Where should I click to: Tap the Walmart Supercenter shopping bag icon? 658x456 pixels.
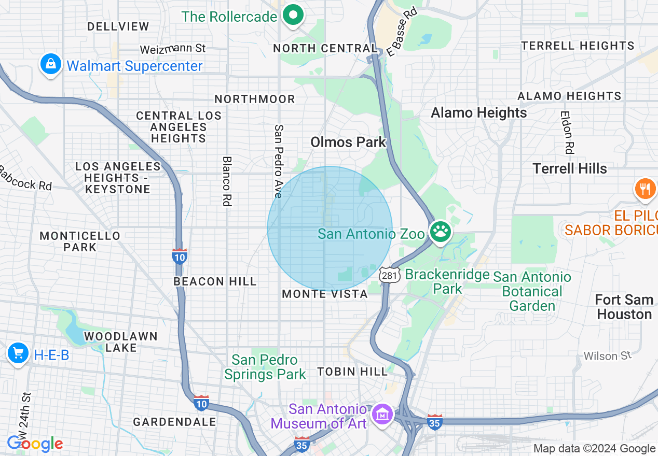coord(51,65)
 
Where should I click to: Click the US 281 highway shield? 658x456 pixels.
coord(389,275)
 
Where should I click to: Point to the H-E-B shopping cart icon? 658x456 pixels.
coord(18,354)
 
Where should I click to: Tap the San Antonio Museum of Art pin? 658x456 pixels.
coord(382,415)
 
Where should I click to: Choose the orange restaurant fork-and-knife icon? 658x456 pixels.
coord(645,189)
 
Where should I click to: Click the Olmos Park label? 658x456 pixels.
coord(348,142)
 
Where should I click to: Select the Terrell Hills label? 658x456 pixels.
coord(570,168)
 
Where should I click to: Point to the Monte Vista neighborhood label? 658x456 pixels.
coord(325,294)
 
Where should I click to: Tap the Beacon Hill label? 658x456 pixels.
coord(215,281)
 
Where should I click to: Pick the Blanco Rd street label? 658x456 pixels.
coord(226,182)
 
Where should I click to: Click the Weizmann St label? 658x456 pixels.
coord(173,49)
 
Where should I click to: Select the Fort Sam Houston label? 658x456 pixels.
coord(624,307)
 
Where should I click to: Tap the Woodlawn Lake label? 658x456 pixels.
coord(121,342)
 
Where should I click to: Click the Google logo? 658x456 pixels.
coord(35,444)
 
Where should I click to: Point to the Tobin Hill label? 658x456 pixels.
coord(352,372)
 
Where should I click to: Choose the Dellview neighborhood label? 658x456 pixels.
coord(118,26)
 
